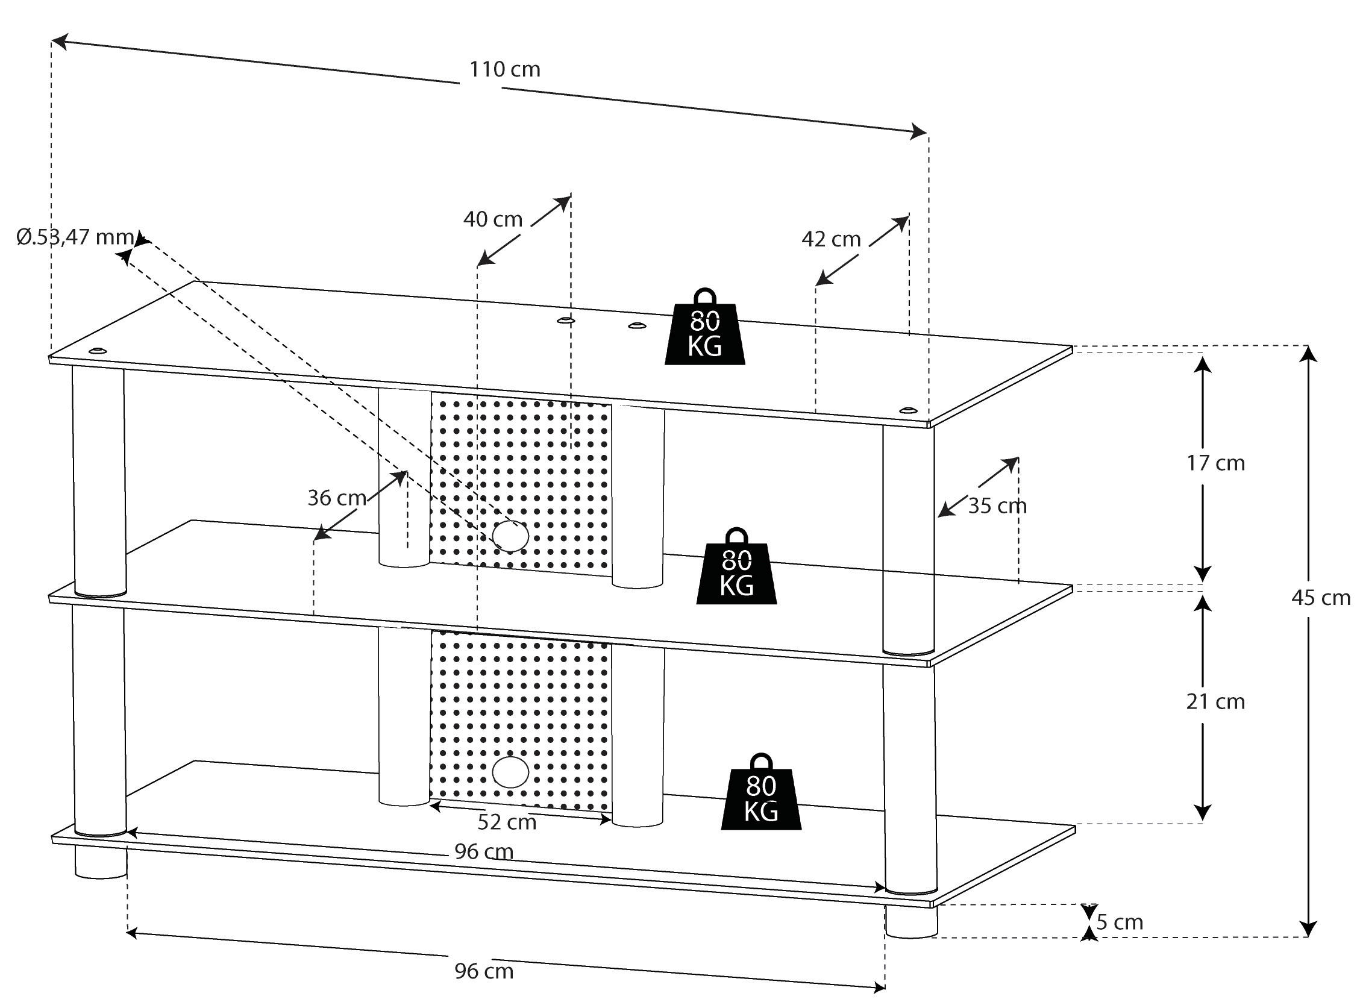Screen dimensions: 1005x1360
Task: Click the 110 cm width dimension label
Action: (x=504, y=70)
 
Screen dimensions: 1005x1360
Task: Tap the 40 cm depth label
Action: (x=493, y=219)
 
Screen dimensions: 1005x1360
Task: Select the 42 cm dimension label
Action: (x=831, y=240)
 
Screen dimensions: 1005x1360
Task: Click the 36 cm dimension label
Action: (x=337, y=498)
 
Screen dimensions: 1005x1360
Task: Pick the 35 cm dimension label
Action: (x=997, y=506)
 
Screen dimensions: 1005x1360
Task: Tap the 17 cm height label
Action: (x=1215, y=463)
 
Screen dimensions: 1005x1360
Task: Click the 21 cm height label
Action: (x=1215, y=702)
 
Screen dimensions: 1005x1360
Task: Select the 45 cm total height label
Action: (x=1320, y=598)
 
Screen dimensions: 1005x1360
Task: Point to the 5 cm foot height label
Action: (x=1120, y=922)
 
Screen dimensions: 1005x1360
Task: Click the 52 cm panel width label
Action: (x=507, y=822)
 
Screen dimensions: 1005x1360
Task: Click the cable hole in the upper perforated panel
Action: (x=510, y=536)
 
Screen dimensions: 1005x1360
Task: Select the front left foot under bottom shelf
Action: (x=101, y=863)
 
